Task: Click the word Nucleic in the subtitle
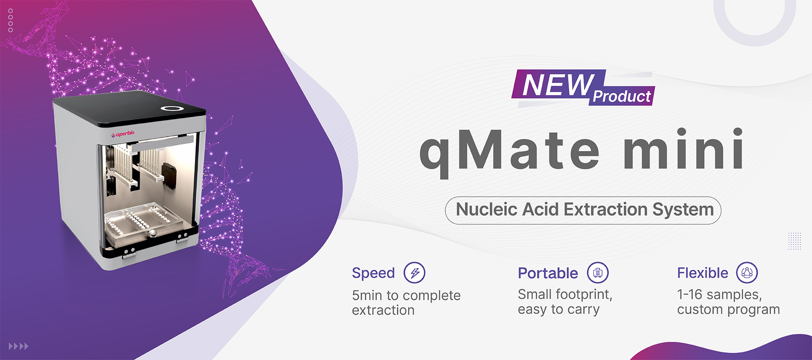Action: pyautogui.click(x=487, y=209)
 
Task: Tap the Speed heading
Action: pyautogui.click(x=373, y=273)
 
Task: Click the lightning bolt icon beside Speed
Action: pyautogui.click(x=414, y=273)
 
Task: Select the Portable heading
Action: pyautogui.click(x=548, y=273)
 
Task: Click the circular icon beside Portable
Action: pyautogui.click(x=598, y=273)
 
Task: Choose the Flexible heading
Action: pyautogui.click(x=702, y=273)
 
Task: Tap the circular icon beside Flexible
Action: pyautogui.click(x=747, y=273)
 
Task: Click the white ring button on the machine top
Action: pyautogui.click(x=172, y=109)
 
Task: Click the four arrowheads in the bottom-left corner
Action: pyautogui.click(x=19, y=346)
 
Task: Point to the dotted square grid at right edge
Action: pyautogui.click(x=795, y=241)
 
